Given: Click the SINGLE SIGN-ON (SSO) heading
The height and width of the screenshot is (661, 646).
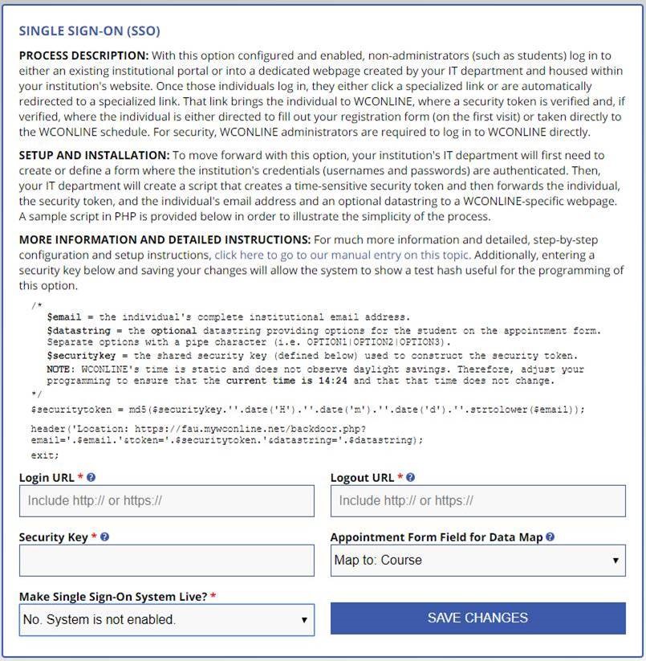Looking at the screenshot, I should coord(89,31).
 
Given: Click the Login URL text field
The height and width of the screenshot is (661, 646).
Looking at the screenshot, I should coord(166,501).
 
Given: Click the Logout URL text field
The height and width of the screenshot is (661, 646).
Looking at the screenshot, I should coord(477,501).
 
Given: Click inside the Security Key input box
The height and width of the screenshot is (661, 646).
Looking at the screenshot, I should coord(166,561).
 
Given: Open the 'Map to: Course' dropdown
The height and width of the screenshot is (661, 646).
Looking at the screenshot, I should coord(477,561).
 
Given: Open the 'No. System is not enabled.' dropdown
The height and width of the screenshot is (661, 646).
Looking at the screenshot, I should coord(166,620).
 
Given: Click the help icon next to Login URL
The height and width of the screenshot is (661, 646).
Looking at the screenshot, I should coord(91,478).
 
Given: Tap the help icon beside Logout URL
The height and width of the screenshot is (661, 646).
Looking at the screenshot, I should coord(410,478).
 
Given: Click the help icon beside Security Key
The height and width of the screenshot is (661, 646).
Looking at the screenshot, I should coord(104,537).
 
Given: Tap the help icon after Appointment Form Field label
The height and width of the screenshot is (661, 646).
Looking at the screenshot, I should coord(550,537).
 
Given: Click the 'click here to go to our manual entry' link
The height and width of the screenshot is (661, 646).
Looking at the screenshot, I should coord(343,255).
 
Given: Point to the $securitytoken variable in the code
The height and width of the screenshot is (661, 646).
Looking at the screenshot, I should coord(64,410).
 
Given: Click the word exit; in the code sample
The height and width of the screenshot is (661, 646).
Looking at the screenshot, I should coord(45,455).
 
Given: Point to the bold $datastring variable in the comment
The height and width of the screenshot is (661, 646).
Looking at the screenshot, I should coord(75,331).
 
